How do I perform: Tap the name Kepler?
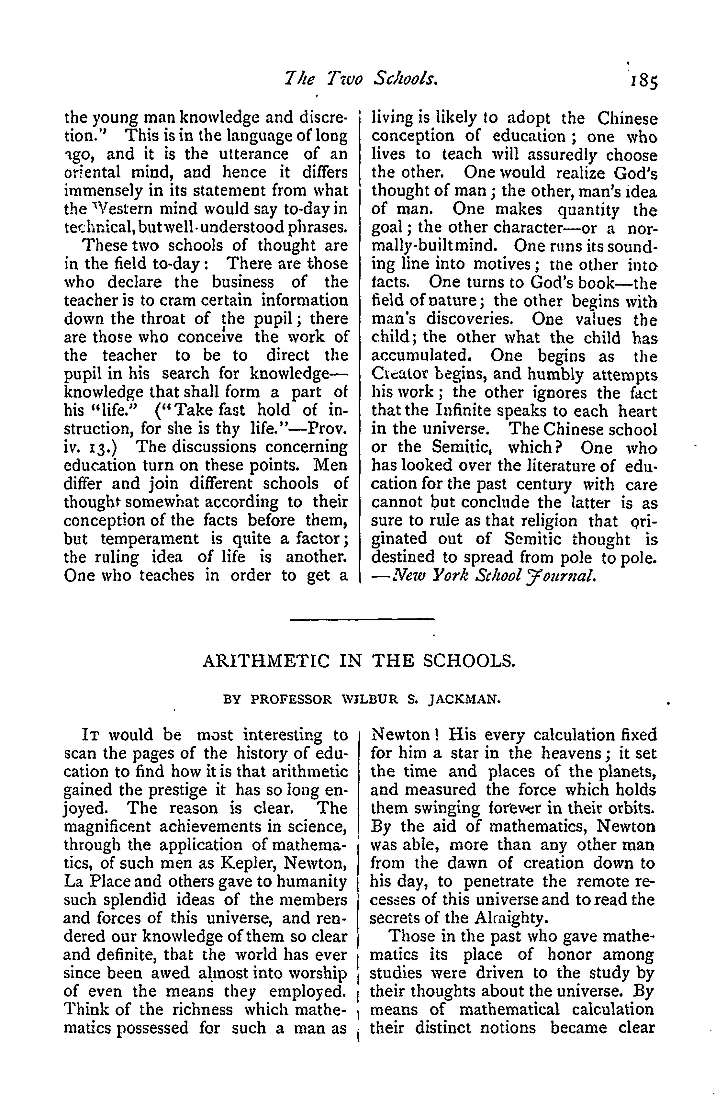coord(251,863)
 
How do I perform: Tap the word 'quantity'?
coord(588,210)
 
